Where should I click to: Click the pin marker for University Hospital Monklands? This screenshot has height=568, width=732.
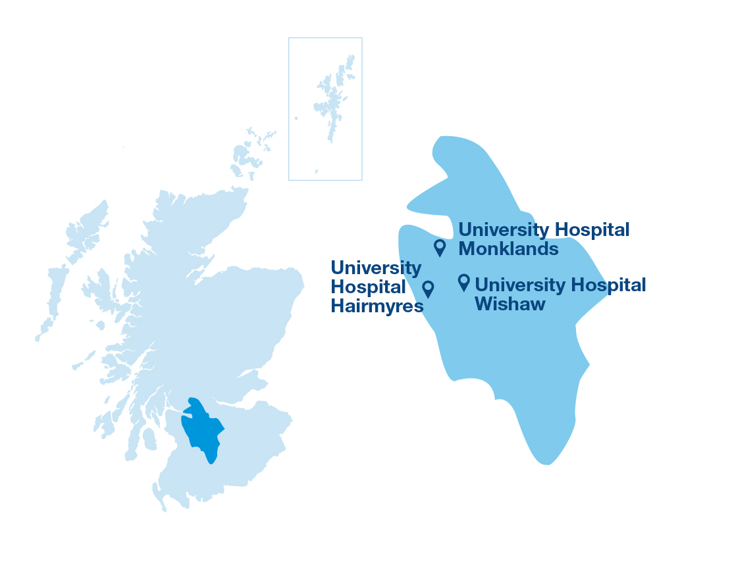coord(440,247)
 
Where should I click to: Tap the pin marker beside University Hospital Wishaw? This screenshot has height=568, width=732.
coord(463,282)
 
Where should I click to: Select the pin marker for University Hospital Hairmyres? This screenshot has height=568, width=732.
coord(428,289)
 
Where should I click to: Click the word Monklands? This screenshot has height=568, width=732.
coord(508,249)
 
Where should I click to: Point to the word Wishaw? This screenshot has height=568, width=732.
coord(510,304)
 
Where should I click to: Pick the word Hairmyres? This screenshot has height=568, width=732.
coord(377,306)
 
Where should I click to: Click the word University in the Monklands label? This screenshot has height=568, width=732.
coord(504,230)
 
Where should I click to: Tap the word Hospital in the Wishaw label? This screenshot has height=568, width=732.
coord(608,285)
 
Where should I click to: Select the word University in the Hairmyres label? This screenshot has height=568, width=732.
coord(376,268)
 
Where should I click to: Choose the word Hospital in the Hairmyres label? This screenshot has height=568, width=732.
coord(368,287)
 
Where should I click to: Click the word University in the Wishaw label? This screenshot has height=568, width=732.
coord(520,285)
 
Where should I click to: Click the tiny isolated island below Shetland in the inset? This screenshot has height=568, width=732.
coord(316,171)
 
